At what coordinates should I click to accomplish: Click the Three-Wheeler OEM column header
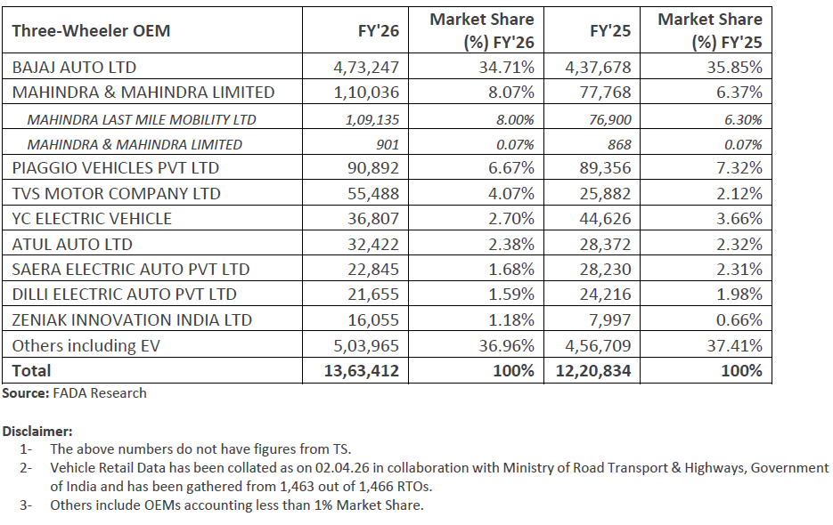[91, 31]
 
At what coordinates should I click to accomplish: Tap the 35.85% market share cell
[733, 67]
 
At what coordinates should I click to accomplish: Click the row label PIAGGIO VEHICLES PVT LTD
[115, 168]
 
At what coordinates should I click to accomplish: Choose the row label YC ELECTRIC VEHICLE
[92, 219]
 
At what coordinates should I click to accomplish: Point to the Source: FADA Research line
[74, 392]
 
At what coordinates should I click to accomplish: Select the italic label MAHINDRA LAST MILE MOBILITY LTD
[142, 119]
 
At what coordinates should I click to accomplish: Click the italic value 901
[387, 144]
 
